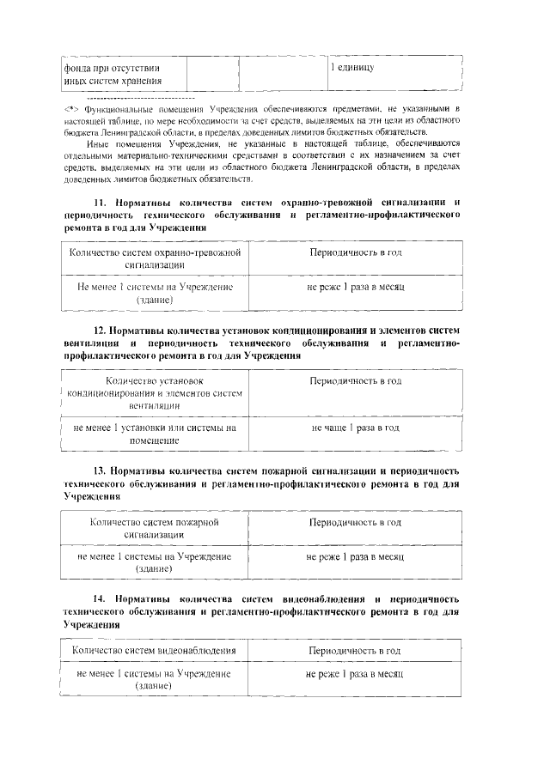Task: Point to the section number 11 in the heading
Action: (75, 202)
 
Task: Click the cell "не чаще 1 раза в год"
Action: (355, 427)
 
